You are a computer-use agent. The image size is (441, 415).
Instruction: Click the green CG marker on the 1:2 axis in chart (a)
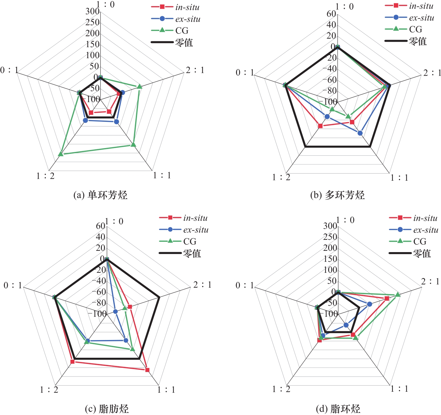tap(60, 154)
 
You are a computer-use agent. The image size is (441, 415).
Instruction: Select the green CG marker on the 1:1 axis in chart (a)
tap(133, 144)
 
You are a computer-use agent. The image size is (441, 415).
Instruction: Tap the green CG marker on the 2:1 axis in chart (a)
tap(139, 86)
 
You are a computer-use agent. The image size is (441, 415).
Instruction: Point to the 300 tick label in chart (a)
tap(92, 11)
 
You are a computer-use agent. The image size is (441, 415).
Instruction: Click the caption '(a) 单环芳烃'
tap(101, 195)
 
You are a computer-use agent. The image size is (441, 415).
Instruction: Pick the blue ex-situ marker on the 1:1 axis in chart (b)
tap(360, 133)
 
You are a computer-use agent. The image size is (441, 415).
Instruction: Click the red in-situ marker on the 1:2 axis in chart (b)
tap(320, 126)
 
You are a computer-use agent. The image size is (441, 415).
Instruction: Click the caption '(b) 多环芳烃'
tap(337, 195)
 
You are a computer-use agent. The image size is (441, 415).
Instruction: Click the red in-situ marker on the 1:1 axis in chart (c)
tap(147, 370)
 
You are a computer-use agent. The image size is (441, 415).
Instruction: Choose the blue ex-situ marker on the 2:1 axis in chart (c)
tap(115, 311)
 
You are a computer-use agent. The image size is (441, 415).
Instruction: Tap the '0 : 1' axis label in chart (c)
tap(13, 285)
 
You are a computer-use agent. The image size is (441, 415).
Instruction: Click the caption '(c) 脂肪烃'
tap(107, 409)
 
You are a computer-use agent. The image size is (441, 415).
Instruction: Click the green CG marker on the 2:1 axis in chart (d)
tap(398, 294)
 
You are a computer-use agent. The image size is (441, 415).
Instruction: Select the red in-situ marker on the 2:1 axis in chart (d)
tap(387, 298)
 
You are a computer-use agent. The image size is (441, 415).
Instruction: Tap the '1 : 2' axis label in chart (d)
tap(281, 389)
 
